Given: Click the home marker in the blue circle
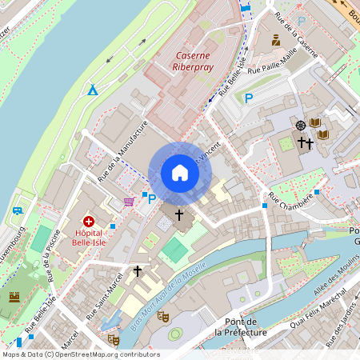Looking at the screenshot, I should tap(180, 173).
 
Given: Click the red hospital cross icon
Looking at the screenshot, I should tap(89, 220).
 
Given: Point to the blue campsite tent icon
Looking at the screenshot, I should tap(94, 90).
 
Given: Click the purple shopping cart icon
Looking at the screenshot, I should tap(129, 201).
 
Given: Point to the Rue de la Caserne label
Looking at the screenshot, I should tap(295, 35).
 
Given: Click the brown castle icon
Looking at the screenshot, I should tap(14, 297).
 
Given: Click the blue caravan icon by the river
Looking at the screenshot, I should tap(17, 211).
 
